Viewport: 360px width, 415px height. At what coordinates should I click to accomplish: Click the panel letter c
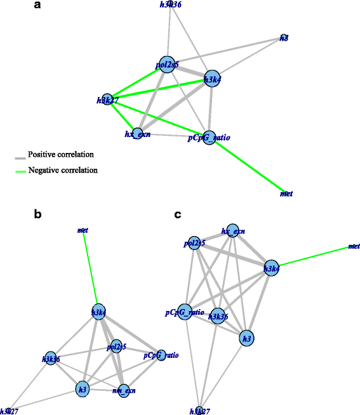177,215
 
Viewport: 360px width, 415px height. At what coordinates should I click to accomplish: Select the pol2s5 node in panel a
167,64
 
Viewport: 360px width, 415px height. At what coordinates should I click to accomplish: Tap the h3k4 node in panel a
211,79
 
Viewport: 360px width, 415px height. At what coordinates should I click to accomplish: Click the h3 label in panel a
284,39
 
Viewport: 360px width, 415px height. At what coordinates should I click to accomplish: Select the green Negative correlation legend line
20,170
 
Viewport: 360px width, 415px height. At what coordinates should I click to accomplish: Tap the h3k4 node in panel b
98,312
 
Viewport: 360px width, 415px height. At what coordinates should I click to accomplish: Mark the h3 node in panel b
82,388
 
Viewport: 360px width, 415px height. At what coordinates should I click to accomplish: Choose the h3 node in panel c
247,339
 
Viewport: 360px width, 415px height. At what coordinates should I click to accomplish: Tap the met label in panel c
354,246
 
